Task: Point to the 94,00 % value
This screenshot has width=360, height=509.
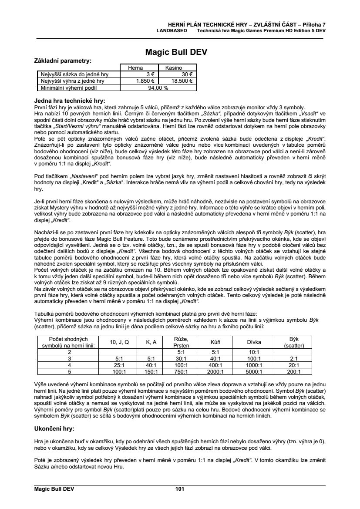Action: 158,87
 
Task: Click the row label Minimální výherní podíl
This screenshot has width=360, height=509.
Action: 72,87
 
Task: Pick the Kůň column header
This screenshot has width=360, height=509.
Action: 214,342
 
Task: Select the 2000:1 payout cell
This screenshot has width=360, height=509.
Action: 214,372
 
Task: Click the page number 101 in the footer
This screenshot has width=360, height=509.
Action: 180,489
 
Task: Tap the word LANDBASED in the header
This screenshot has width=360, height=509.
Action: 172,31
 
